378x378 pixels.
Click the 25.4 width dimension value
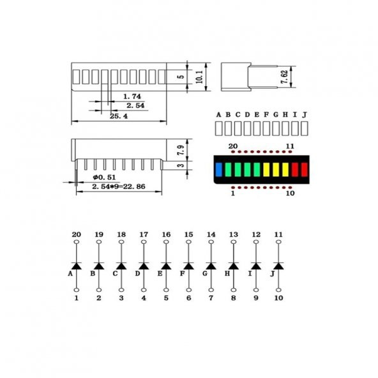click(x=119, y=116)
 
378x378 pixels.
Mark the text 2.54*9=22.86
click(x=118, y=186)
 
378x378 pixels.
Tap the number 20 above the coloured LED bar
click(x=233, y=147)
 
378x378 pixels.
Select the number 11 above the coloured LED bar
click(x=290, y=147)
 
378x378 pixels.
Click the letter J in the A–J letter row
click(x=305, y=114)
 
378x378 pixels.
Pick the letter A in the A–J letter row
click(x=218, y=114)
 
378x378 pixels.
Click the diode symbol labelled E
click(x=166, y=265)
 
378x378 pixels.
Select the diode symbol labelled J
click(x=278, y=265)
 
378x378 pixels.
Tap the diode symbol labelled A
click(x=77, y=265)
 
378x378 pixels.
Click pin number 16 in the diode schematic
click(x=166, y=234)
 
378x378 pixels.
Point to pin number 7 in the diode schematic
click(x=211, y=298)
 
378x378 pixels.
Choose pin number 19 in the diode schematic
click(x=99, y=234)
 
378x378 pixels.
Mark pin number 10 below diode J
click(x=278, y=298)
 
